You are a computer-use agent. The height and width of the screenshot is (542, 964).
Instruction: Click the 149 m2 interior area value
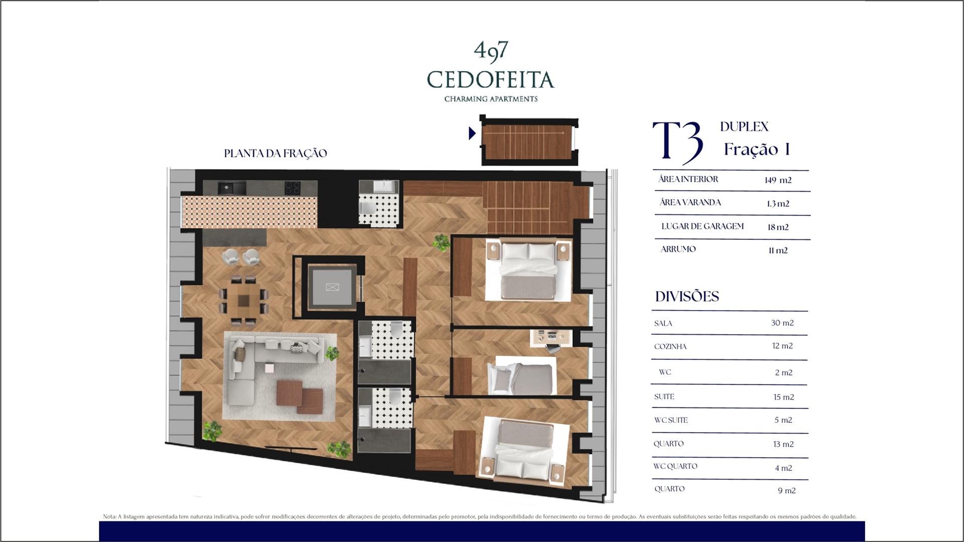pyautogui.click(x=778, y=180)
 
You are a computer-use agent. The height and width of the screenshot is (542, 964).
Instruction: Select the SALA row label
pyautogui.click(x=663, y=324)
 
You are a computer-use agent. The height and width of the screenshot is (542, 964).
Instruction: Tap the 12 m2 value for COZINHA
pyautogui.click(x=782, y=346)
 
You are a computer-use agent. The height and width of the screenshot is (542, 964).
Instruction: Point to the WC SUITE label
pyautogui.click(x=671, y=420)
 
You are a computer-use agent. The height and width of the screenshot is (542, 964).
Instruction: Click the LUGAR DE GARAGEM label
pyautogui.click(x=702, y=226)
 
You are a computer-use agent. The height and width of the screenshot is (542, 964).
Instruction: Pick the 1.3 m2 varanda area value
pyautogui.click(x=778, y=204)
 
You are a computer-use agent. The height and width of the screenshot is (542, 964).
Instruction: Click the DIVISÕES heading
pyautogui.click(x=687, y=296)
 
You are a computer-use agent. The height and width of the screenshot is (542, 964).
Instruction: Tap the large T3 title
pyautogui.click(x=678, y=142)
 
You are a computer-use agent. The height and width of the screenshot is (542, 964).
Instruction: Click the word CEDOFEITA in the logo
pyautogui.click(x=491, y=80)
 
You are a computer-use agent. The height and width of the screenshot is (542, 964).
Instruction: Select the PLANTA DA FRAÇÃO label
pyautogui.click(x=275, y=153)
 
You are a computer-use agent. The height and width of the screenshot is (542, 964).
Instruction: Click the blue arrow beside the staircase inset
pyautogui.click(x=472, y=133)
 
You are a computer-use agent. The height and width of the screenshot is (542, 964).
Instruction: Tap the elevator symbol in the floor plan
pyautogui.click(x=332, y=287)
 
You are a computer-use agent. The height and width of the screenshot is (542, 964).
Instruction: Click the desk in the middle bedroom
pyautogui.click(x=551, y=338)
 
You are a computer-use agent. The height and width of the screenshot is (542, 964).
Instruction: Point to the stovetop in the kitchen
pyautogui.click(x=293, y=188)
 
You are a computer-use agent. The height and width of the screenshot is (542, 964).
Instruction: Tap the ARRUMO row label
pyautogui.click(x=678, y=249)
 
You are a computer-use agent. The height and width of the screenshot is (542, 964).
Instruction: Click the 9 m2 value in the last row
pyautogui.click(x=787, y=491)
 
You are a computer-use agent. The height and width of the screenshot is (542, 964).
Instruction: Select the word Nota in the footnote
pyautogui.click(x=109, y=516)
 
